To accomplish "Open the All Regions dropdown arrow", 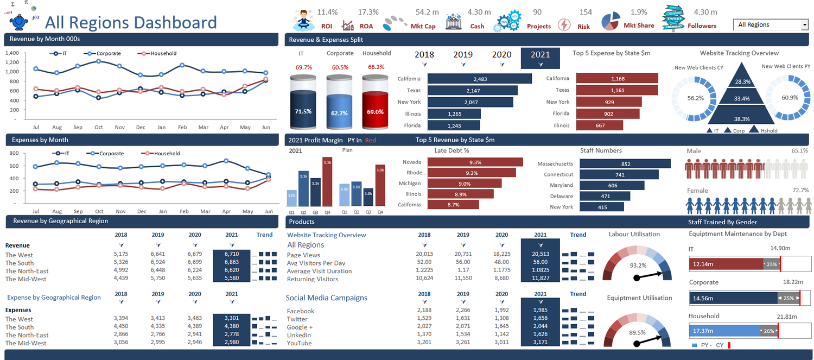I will (804, 25).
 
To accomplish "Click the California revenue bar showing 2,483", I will (480, 79).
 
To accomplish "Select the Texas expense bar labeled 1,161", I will (617, 90).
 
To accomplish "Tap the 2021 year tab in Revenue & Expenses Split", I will (540, 58).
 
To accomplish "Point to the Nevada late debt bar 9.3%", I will (475, 162).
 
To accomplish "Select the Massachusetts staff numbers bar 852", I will (625, 164).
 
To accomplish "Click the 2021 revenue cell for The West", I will (231, 254).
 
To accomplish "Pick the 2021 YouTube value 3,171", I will (540, 343).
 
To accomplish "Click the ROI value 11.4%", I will (327, 12).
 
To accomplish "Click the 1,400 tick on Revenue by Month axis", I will (12, 53).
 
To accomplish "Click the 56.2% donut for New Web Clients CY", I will (695, 98).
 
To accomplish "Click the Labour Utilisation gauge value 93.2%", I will (638, 266).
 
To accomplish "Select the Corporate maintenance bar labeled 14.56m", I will (733, 298).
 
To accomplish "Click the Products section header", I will (302, 222).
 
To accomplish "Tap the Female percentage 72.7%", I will (800, 191).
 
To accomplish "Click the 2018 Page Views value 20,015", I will (424, 254).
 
